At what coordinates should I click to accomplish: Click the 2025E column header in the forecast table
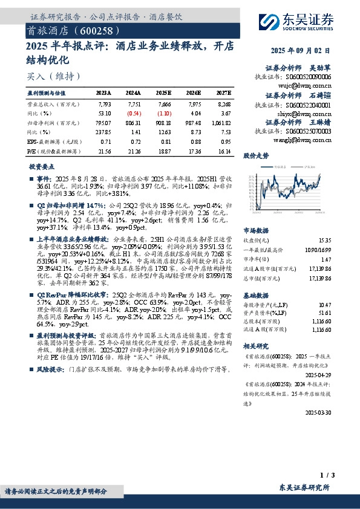pyautogui.click(x=164, y=94)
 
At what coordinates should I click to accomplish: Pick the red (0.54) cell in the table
pyautogui.click(x=134, y=113)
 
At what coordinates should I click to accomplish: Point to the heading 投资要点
pyautogui.click(x=42, y=166)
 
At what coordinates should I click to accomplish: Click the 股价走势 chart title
pyautogui.click(x=255, y=155)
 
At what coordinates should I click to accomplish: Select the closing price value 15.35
pyautogui.click(x=324, y=240)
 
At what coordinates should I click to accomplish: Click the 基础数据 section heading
pyautogui.click(x=255, y=296)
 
